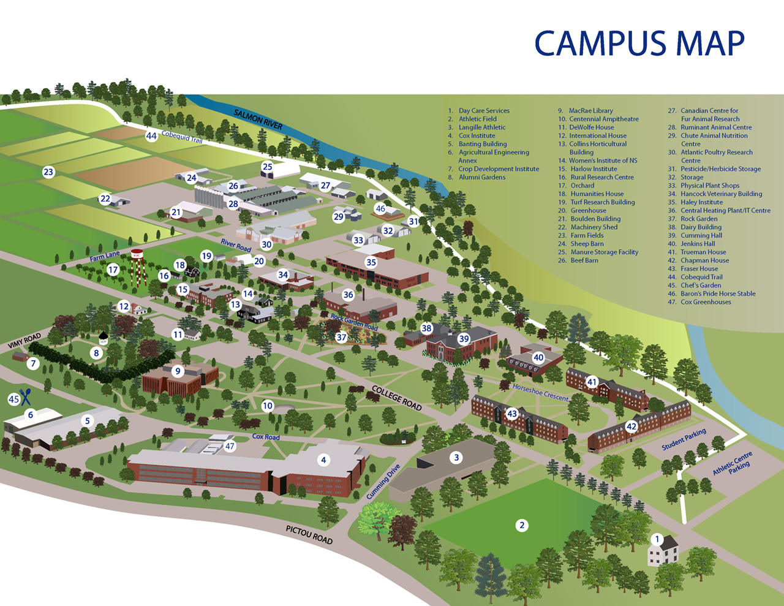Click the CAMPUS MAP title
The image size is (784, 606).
639,44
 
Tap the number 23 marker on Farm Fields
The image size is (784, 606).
48,172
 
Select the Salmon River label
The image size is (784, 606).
258,119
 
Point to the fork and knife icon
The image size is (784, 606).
25,397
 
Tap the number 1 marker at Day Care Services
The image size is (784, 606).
657,539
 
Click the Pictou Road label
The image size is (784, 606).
309,534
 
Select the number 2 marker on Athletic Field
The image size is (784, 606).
522,525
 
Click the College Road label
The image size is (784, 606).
397,398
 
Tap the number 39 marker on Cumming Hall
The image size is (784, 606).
464,339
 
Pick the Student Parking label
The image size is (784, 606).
684,439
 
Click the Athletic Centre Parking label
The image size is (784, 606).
733,463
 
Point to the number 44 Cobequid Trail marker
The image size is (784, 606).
151,135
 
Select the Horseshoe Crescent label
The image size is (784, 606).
540,393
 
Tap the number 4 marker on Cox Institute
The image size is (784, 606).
324,460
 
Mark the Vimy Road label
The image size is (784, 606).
24,341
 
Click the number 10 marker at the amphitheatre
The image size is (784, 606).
267,406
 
